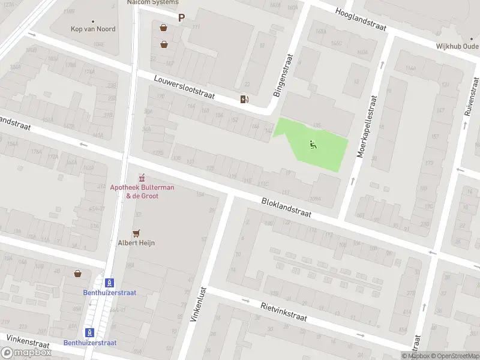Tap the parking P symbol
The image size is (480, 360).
(x=181, y=18)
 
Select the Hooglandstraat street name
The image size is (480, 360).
(x=361, y=20)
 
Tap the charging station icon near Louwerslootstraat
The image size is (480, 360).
(x=244, y=99)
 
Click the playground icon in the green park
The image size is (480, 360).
(x=313, y=144)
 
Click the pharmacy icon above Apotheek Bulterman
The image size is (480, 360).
(x=142, y=178)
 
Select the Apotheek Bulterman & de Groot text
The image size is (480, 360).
(x=142, y=191)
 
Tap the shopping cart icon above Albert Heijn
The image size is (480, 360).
(x=137, y=233)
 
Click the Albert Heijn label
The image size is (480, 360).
(x=137, y=243)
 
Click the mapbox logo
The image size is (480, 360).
(x=26, y=353)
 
